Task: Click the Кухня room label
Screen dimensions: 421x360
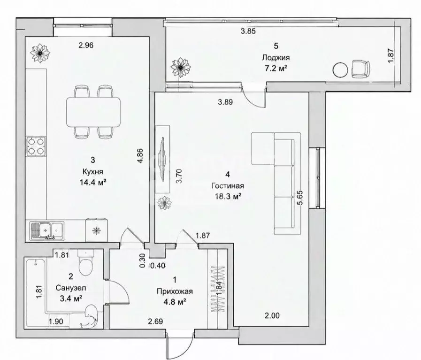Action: point(92,171)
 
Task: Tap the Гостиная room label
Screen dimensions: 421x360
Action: point(228,186)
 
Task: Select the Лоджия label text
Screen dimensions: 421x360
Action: point(276,57)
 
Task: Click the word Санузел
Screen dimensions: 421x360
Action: point(71,288)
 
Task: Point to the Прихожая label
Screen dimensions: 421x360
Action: point(175,291)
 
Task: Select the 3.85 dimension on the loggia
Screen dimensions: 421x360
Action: point(248,31)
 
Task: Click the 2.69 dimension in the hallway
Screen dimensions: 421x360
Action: point(155,321)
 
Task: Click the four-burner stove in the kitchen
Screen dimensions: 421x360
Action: point(36,146)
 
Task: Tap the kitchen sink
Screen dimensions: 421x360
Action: point(47,230)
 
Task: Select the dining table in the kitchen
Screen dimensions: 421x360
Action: point(93,112)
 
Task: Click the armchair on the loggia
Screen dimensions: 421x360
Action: point(360,69)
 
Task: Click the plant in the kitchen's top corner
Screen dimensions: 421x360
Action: point(40,53)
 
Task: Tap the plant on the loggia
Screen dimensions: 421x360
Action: point(181,68)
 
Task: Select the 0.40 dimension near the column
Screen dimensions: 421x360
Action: point(158,266)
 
